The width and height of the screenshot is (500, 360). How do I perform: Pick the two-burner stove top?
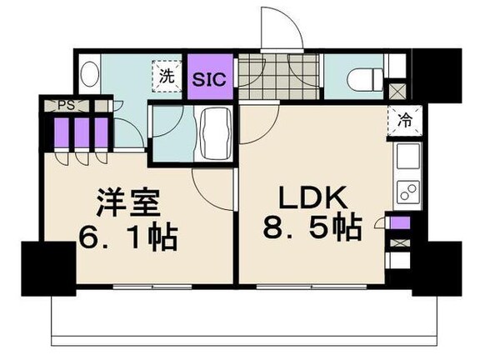click(407, 192)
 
